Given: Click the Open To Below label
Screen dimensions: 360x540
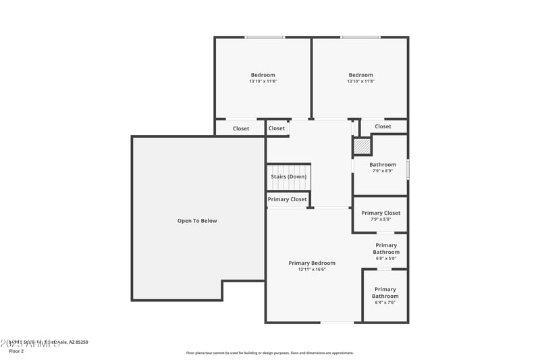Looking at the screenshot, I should click(x=197, y=221).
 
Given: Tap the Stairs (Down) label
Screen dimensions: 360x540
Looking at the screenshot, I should click(x=288, y=177).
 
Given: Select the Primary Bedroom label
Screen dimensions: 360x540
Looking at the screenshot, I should click(x=311, y=263).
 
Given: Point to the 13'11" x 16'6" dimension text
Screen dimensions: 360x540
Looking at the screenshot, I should click(x=311, y=269).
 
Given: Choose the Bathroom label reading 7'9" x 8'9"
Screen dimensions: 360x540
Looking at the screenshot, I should click(x=383, y=171).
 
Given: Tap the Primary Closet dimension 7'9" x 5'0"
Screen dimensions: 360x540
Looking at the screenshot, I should click(x=381, y=220).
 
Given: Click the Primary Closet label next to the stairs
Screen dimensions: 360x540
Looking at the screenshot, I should click(x=287, y=199).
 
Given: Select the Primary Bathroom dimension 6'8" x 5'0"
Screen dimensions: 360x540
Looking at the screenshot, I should click(x=386, y=259).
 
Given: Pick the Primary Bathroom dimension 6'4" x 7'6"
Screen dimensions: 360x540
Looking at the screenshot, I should click(x=385, y=303).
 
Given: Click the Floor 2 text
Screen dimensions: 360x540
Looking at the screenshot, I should click(x=16, y=351).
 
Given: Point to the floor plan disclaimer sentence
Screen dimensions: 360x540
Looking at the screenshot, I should click(x=270, y=353).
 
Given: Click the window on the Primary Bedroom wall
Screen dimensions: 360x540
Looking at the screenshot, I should click(x=337, y=322).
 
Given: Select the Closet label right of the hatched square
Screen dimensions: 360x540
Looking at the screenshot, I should click(x=383, y=126).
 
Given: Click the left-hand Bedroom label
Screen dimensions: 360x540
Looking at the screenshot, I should click(x=263, y=75).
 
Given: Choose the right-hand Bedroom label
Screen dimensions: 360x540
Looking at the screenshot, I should click(x=360, y=75).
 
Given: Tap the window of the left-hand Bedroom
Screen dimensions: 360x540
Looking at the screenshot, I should click(x=264, y=37).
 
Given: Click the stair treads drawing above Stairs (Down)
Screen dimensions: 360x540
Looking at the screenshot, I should click(x=288, y=168).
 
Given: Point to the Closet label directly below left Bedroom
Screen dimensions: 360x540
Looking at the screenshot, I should click(x=241, y=128).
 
